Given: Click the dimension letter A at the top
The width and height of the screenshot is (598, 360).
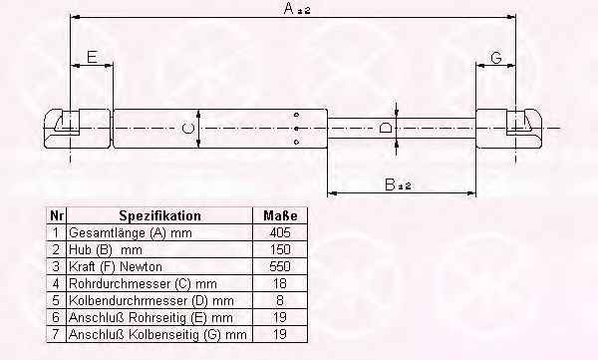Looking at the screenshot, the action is pos(289,8).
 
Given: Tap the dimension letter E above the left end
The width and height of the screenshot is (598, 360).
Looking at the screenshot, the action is pos(92,57).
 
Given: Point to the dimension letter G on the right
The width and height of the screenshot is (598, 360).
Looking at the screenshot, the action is pos(495,58).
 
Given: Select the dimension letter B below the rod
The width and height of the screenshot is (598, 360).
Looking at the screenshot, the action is pos(390,184).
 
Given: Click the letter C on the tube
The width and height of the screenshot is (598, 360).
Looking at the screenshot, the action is pos(187,129).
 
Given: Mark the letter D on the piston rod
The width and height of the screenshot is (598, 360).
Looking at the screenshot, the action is pos(385,128).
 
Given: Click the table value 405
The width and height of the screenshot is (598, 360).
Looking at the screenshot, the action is pos(279,232).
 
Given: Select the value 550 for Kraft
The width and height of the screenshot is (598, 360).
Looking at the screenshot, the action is pos(279,266).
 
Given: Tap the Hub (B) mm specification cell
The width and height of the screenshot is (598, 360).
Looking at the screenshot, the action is pos(106,249).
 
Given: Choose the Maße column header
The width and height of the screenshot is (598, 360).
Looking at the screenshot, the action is pos(280,215).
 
